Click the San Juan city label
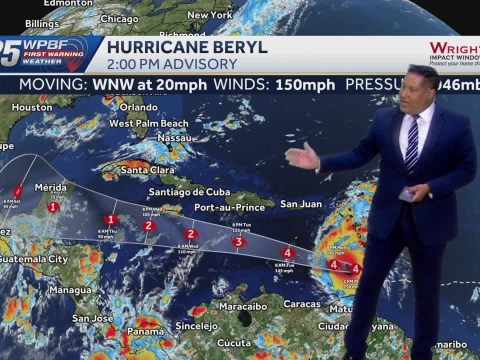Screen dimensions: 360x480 [x=300, y=204]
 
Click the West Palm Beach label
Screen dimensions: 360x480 [x=149, y=123]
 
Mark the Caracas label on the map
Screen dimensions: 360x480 [x=300, y=302]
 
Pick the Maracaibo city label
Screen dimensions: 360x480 [x=243, y=302]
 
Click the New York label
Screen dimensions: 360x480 [x=210, y=15]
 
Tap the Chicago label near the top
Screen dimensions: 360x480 [x=119, y=18]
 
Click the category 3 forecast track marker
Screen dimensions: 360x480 [x=238, y=241]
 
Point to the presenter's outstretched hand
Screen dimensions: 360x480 [x=301, y=156]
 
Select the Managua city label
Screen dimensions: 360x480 [x=70, y=290]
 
